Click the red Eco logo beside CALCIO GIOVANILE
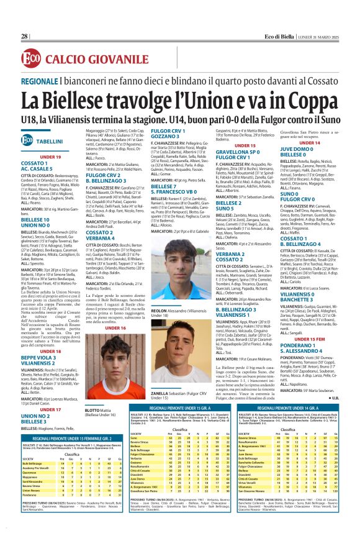[x=31, y=60]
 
